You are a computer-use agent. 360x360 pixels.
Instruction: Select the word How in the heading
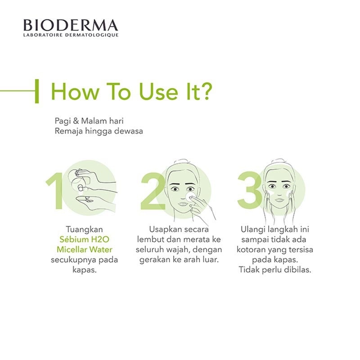point(72,91)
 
